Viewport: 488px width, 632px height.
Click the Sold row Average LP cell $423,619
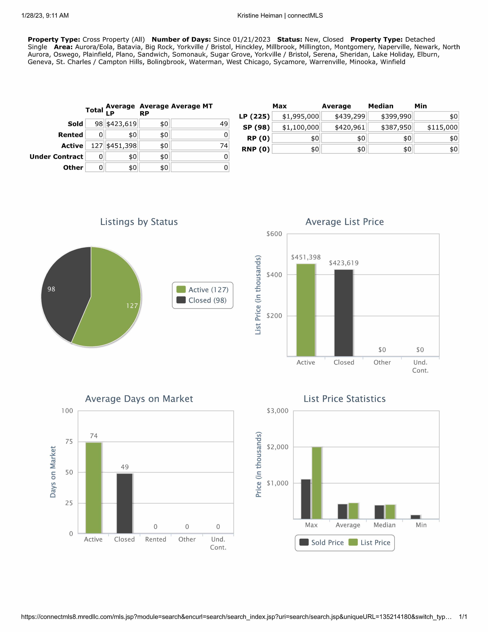121,124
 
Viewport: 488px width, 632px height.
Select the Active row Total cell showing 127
94,146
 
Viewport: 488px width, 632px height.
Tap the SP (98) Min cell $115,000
436,127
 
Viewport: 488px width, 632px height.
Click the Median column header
381,106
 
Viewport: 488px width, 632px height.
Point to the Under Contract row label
56,157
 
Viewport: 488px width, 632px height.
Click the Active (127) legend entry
203,290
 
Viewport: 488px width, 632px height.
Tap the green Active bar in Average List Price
306,310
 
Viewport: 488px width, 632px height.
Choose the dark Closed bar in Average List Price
344,313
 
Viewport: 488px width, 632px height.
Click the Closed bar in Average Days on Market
125,504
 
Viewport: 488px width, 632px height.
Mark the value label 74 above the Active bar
94,436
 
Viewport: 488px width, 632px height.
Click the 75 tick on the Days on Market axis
69,441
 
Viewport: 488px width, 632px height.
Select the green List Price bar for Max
317,483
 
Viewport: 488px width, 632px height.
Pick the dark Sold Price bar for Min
415,517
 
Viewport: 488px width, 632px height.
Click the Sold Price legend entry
322,543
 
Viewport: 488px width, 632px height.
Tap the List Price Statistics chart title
344,399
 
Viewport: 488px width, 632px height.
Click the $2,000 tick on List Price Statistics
277,447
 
